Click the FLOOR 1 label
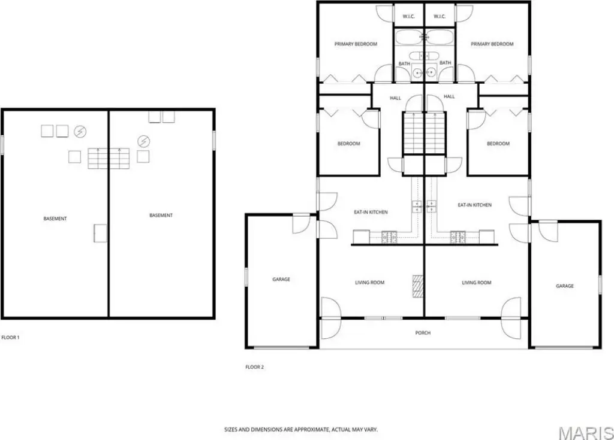click(x=11, y=337)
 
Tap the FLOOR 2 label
click(x=254, y=367)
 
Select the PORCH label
click(x=423, y=333)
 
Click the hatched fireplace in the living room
click(x=418, y=287)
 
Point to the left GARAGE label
click(x=281, y=279)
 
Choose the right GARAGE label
click(x=565, y=286)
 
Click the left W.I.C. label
click(x=409, y=16)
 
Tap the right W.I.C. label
click(x=440, y=16)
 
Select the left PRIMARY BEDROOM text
click(x=356, y=44)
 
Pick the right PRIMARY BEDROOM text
click(x=492, y=44)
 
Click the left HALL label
click(x=396, y=98)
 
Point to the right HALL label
click(x=449, y=96)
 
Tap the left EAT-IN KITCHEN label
click(x=371, y=212)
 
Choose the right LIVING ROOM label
click(x=477, y=283)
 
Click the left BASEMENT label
click(x=55, y=219)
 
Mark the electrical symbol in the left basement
click(x=80, y=132)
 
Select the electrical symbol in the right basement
click(x=144, y=141)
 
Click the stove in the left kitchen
click(x=389, y=236)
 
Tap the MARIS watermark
click(x=586, y=433)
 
